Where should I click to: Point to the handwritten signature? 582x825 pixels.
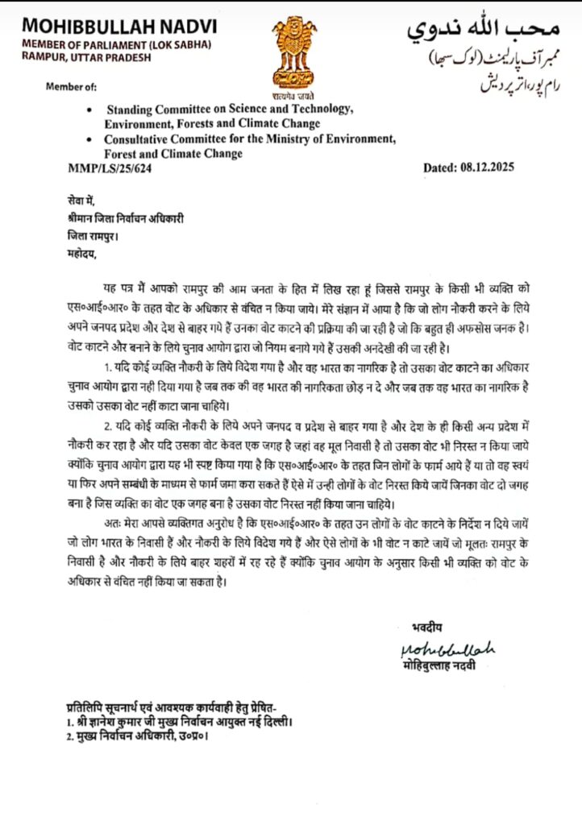[444, 649]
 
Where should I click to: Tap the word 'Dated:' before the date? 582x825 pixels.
[443, 167]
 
